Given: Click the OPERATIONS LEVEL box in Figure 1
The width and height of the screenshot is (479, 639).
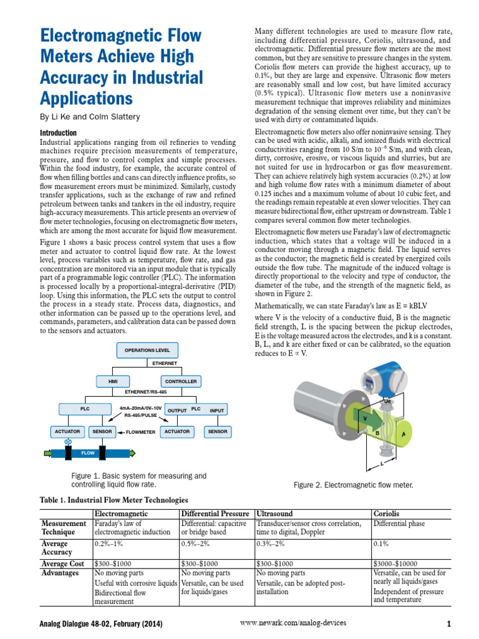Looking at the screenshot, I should click(148, 351).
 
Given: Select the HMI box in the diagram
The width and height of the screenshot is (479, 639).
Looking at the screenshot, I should click(113, 381).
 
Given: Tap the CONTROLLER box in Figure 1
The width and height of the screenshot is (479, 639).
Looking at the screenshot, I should click(181, 381).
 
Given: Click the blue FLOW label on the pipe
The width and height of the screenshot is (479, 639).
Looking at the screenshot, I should click(87, 453).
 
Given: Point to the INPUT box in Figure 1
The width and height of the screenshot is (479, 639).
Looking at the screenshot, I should click(217, 410).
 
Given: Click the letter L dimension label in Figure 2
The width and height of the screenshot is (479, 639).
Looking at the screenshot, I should click(381, 464).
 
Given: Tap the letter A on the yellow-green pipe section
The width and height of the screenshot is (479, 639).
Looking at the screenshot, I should click(404, 434).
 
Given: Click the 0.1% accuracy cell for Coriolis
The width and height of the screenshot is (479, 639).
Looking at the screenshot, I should click(381, 543).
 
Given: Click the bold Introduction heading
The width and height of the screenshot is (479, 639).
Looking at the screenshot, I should click(58, 133).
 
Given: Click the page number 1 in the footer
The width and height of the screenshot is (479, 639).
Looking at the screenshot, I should click(448, 623).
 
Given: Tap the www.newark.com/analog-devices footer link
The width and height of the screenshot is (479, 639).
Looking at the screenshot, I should click(293, 623).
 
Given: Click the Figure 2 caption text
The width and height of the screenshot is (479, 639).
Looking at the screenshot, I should click(353, 485).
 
